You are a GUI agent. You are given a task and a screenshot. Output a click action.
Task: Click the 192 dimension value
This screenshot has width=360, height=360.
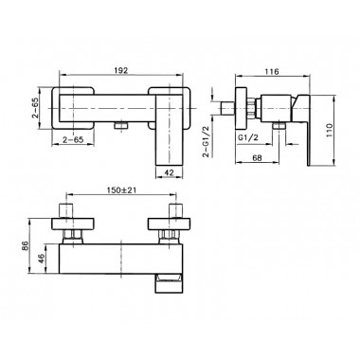121,70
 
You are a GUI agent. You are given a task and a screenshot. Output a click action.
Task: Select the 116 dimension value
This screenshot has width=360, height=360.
272,72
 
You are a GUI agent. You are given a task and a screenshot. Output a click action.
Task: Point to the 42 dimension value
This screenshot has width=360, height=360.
170,172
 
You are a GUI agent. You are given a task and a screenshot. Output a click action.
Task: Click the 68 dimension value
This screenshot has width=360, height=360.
258,158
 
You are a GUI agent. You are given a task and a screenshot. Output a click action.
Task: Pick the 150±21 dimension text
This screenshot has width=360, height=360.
121,189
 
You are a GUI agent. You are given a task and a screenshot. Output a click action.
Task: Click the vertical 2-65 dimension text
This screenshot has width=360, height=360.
35,108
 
